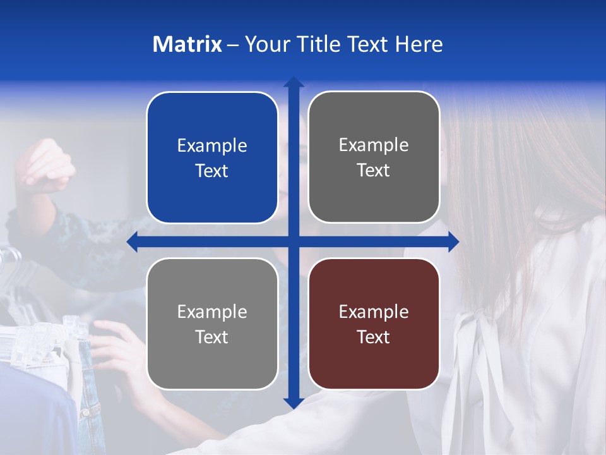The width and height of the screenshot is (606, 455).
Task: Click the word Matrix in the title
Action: click(x=187, y=44)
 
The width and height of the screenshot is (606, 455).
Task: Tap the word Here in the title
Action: click(x=419, y=44)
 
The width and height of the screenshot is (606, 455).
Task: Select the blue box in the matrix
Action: click(x=212, y=158)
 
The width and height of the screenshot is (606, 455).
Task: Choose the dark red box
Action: click(x=374, y=324)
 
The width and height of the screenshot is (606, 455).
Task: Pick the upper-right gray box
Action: click(x=374, y=157)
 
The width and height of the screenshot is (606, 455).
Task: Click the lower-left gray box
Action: click(x=212, y=324)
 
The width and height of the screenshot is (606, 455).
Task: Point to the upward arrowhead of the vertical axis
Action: click(x=294, y=82)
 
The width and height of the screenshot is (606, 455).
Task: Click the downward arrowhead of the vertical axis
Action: click(x=294, y=403)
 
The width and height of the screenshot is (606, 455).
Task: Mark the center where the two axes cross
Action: click(x=294, y=241)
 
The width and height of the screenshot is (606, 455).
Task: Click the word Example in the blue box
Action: click(x=212, y=146)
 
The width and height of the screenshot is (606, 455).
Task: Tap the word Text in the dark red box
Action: click(x=374, y=337)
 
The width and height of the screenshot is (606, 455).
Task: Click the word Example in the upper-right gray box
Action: click(x=374, y=145)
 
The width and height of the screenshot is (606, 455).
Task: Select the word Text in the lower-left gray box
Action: click(x=212, y=337)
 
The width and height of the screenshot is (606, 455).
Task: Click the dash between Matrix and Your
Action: click(x=234, y=45)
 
